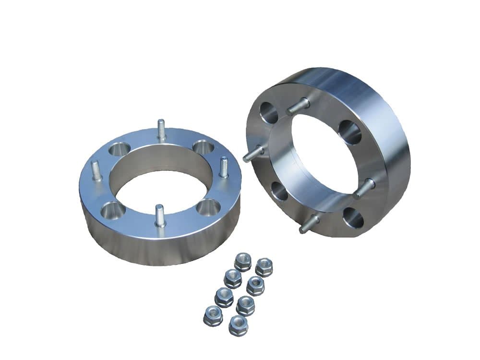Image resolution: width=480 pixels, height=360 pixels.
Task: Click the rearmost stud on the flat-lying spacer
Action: tap(162, 130)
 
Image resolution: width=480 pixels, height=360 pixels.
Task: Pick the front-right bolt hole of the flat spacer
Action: tap(208, 208)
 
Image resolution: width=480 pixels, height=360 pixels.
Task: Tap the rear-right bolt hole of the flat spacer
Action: tap(202, 147)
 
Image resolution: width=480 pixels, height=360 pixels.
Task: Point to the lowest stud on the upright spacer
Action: tap(309, 223)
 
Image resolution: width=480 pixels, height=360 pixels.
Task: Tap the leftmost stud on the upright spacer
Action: tap(253, 154)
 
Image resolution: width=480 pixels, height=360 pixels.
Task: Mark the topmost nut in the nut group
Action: tap(243, 263)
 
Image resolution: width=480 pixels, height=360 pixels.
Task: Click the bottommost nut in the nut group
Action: tap(238, 326)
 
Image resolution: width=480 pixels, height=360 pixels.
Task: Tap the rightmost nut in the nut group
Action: tap(264, 267)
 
